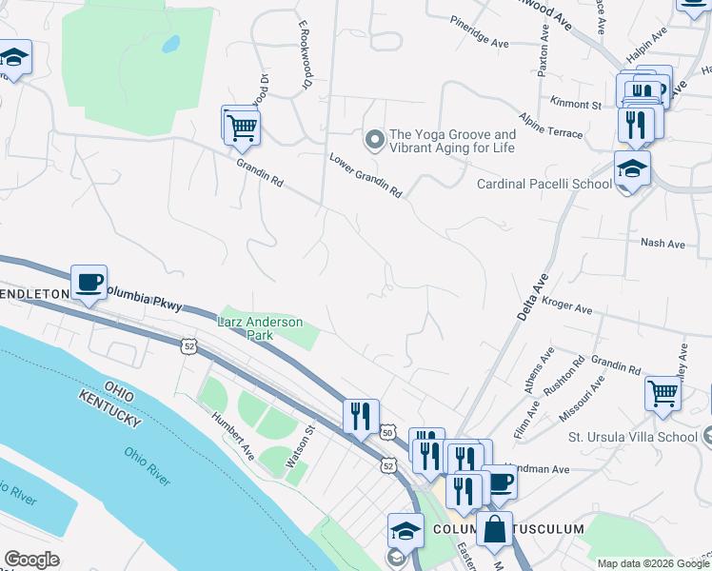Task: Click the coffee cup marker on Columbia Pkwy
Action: [89, 283]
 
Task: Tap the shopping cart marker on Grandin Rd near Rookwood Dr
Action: [242, 125]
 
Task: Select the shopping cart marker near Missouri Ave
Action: [663, 391]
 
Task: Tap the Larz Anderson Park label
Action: [260, 328]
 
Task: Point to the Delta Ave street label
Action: [534, 298]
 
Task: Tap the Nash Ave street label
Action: [663, 244]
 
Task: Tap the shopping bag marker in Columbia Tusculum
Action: [496, 529]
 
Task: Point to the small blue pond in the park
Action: [170, 44]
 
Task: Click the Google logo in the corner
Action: [32, 560]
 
